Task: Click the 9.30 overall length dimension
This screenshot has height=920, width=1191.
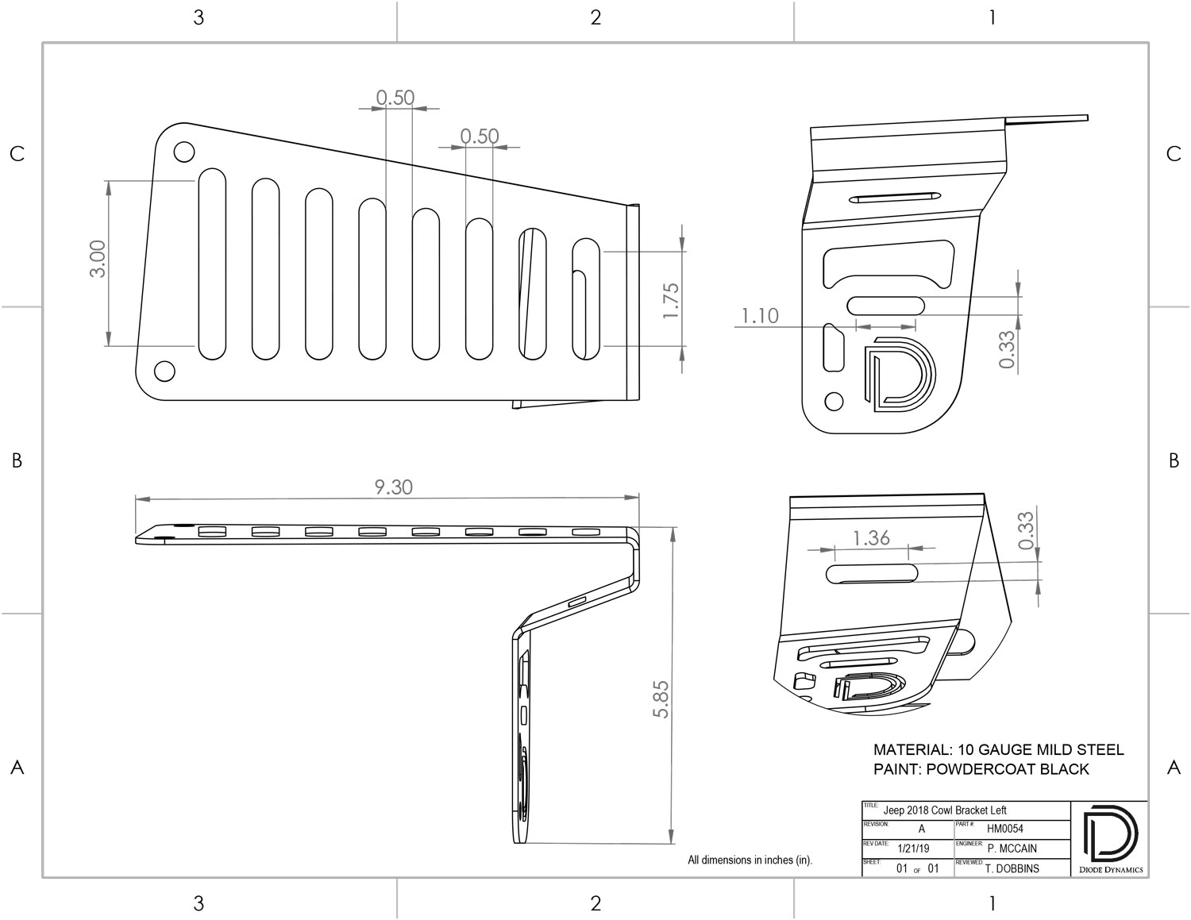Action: tap(394, 487)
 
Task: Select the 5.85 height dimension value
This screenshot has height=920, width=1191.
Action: tap(661, 699)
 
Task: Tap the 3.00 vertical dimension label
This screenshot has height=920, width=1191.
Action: tap(98, 259)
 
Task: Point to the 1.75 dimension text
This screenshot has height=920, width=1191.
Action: tap(671, 301)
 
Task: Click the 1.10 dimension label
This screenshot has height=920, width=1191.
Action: tap(760, 316)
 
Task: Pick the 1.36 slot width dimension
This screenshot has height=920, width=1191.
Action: tap(872, 537)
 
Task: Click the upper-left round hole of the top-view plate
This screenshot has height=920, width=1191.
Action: tap(184, 152)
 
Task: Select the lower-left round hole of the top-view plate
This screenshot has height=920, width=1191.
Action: tap(164, 371)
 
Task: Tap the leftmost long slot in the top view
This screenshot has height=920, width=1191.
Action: tap(212, 264)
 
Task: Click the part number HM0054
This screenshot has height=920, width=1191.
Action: tap(1005, 829)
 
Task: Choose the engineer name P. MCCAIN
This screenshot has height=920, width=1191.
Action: tap(1012, 849)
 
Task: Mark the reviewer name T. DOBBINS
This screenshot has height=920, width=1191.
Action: tap(1012, 868)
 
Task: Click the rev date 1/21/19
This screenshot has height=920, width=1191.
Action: tap(914, 849)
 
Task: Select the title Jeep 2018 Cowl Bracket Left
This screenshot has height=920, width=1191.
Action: tap(945, 810)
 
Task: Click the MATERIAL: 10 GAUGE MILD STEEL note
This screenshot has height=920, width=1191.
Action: tap(999, 749)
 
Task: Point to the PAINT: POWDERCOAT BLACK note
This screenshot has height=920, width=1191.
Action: tap(981, 769)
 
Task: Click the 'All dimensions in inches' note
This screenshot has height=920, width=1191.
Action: tap(750, 860)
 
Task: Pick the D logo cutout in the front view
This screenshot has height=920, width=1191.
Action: tap(899, 374)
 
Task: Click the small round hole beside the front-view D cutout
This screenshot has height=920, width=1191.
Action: tap(834, 401)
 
